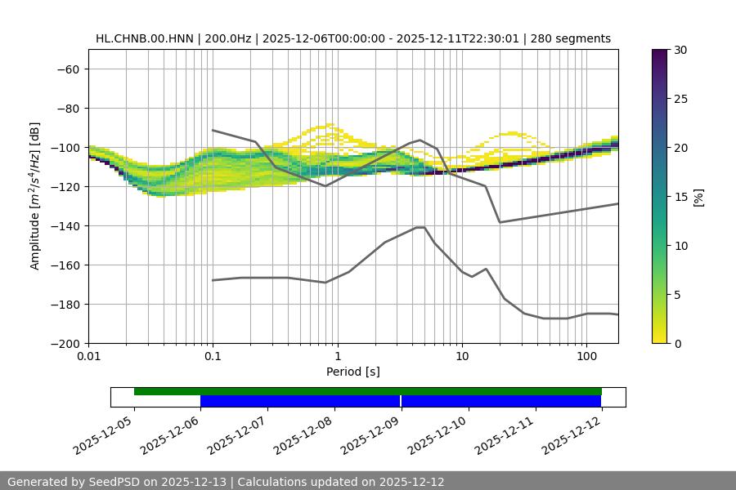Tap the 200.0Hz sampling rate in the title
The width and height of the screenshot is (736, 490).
(216, 38)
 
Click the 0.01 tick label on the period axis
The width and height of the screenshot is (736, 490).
(88, 357)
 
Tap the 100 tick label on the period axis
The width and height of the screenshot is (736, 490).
(586, 357)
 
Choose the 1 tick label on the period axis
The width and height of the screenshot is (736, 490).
(337, 357)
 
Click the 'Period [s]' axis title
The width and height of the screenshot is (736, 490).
(353, 372)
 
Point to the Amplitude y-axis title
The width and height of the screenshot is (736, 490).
(35, 196)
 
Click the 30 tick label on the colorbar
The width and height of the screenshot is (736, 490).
(680, 50)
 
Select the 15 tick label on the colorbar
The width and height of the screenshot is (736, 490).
(680, 197)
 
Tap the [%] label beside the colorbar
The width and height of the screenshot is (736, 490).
(698, 197)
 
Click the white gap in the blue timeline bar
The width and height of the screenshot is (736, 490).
(401, 401)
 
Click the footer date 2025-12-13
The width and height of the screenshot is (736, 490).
(191, 482)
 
